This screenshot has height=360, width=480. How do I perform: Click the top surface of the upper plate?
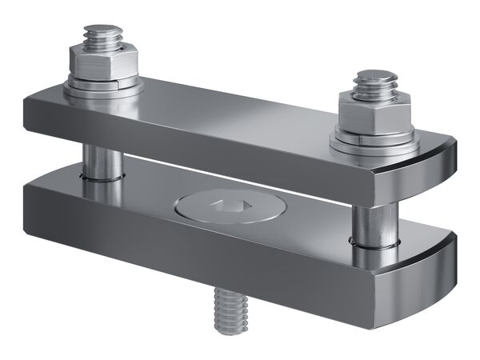(240, 116)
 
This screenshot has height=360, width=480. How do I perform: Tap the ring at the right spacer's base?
(373, 244)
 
